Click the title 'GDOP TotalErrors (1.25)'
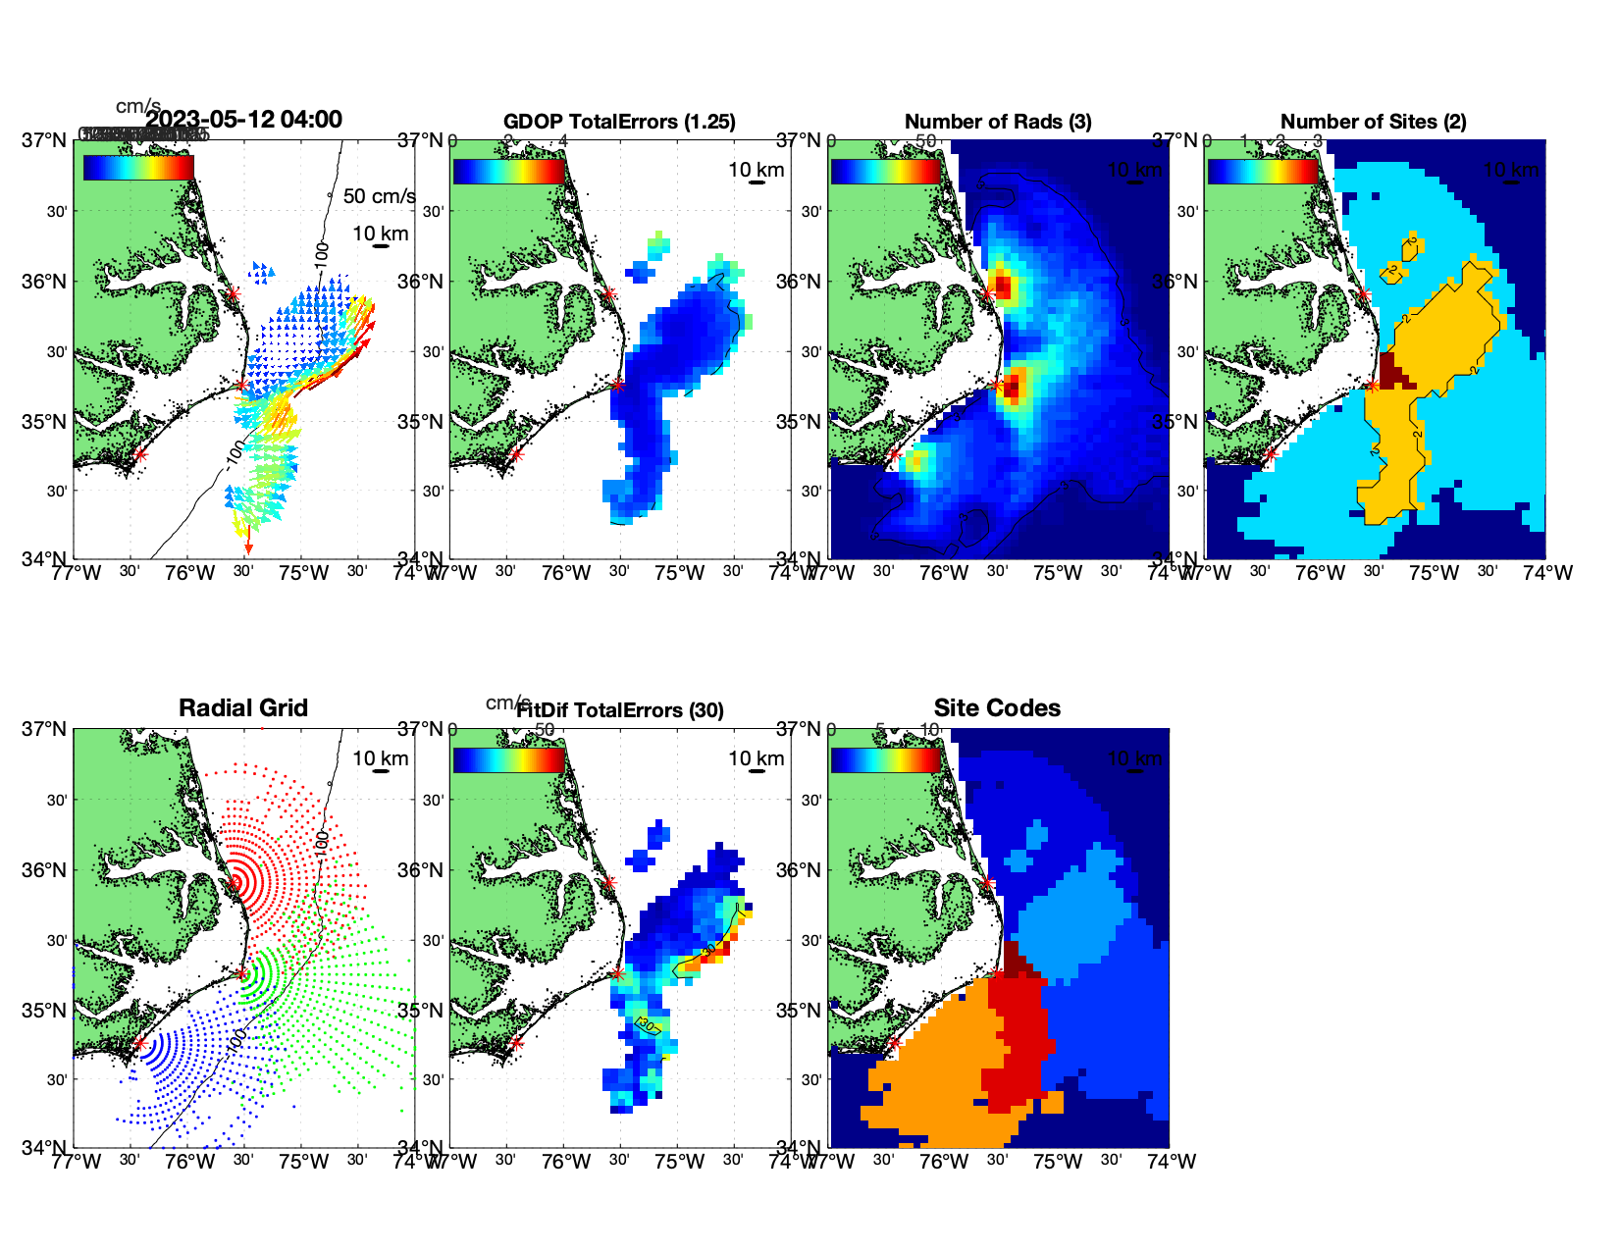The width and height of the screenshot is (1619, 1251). point(619,122)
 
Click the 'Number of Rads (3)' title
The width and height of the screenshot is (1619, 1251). point(998,122)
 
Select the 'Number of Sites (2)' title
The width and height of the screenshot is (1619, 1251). point(1373,122)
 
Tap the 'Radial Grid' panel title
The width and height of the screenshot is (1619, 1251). point(243,708)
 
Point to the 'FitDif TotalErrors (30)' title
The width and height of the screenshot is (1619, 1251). point(620,710)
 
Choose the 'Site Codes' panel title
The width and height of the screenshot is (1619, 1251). point(997,708)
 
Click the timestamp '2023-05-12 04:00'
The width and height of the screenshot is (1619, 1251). point(243,120)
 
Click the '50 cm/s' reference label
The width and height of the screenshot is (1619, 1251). point(379,196)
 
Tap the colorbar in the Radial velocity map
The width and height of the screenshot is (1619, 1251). point(138,168)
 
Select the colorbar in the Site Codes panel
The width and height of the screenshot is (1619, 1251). point(885,759)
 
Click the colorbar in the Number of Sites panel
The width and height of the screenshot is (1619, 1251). point(1263,171)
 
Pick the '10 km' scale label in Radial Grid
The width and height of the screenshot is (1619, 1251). point(381,758)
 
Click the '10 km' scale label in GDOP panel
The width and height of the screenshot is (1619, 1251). point(757,170)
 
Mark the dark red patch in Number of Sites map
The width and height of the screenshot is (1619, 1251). point(1392,370)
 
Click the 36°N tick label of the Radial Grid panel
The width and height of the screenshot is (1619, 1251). point(45,870)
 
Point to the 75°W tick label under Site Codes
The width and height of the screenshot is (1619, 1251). point(1058,1162)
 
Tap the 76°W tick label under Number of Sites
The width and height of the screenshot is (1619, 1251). point(1321,573)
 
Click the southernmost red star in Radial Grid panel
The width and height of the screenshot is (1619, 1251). point(139,1044)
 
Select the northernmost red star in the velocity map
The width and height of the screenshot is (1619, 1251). point(233,293)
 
